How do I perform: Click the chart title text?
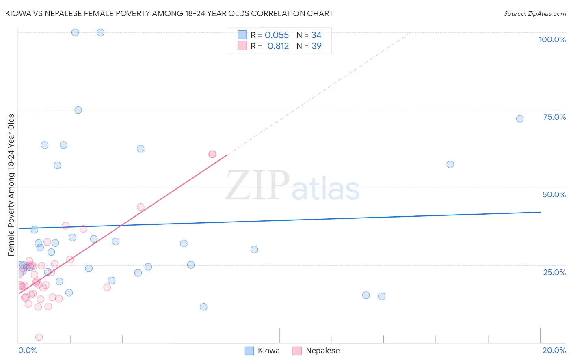[x=169, y=14]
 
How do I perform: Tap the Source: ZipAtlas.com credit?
[x=534, y=14]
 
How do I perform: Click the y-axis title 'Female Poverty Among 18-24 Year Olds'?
[x=11, y=185]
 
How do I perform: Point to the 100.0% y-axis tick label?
[x=552, y=39]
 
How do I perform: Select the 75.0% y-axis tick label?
[x=554, y=117]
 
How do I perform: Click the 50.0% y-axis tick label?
[x=554, y=194]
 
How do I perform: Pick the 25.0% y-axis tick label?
[x=554, y=272]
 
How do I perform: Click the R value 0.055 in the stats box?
[x=277, y=35]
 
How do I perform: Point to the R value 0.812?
[x=278, y=46]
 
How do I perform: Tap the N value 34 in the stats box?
[x=316, y=35]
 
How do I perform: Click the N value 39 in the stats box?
[x=316, y=46]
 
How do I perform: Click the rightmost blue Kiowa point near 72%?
[x=519, y=119]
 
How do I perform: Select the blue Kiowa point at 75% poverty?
[x=78, y=110]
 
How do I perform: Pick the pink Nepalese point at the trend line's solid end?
[x=212, y=154]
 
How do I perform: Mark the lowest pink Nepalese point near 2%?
[x=39, y=337]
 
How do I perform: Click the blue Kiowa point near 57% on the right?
[x=450, y=164]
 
